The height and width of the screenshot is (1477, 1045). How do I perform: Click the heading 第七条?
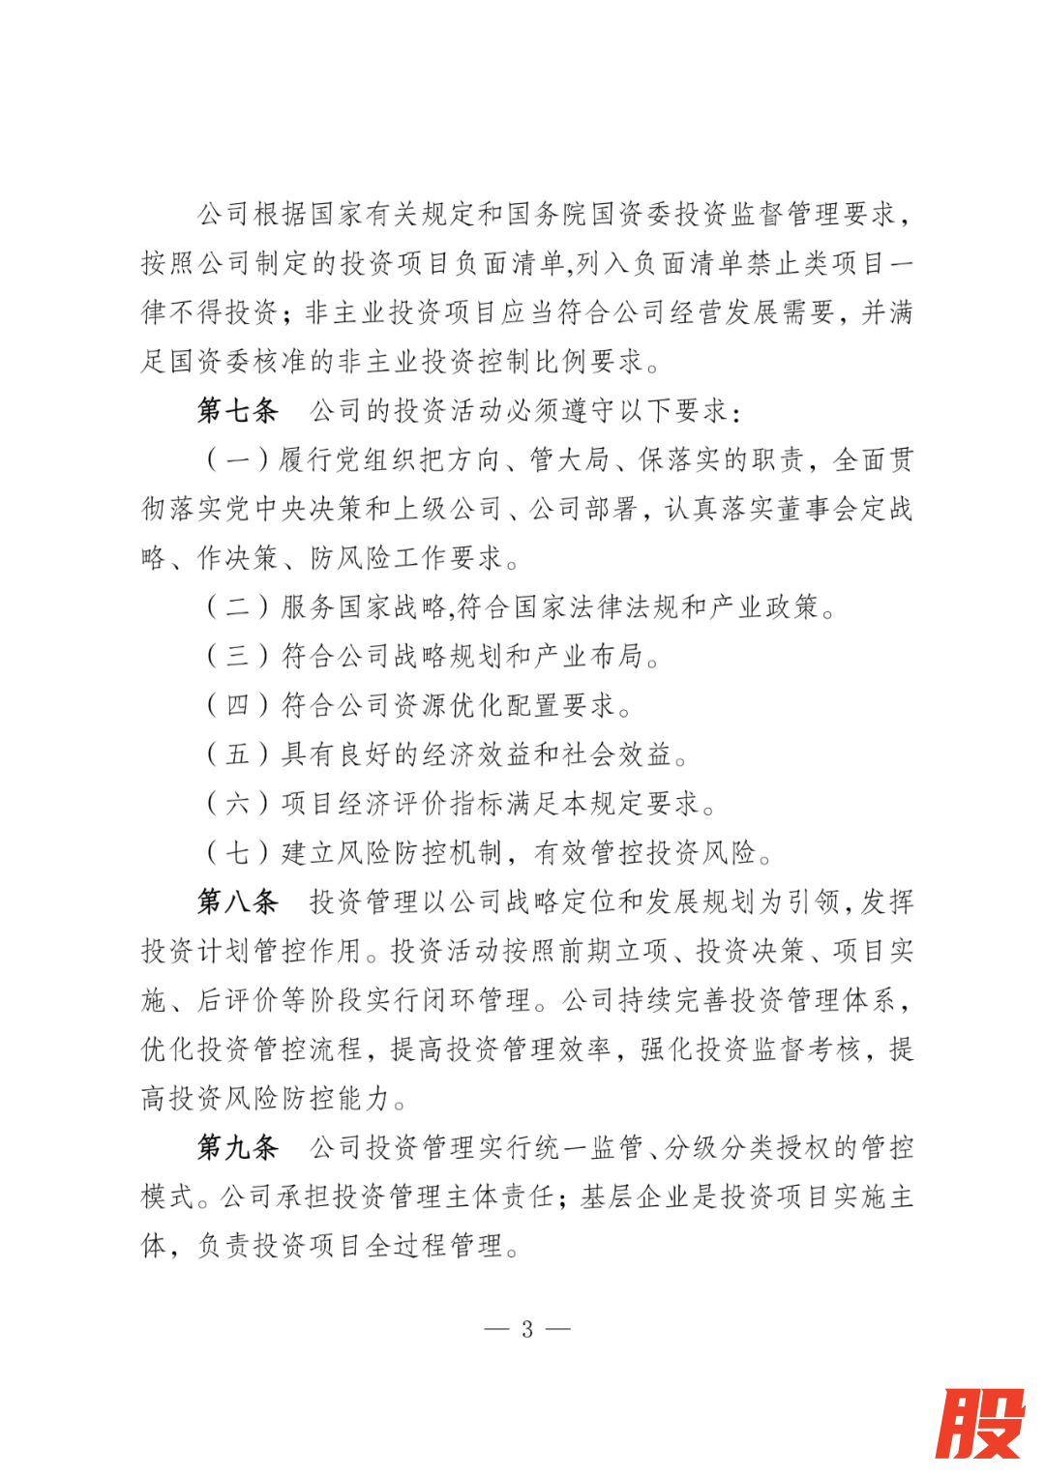coord(238,410)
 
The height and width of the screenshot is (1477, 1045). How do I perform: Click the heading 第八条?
coord(238,901)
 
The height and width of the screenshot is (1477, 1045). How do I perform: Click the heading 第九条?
coord(238,1147)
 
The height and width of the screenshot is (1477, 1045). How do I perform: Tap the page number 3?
coord(527,1329)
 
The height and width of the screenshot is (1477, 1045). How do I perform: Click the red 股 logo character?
coord(980,1423)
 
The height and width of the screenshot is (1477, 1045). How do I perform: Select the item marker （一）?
coord(238,459)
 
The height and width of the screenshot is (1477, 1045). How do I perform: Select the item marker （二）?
coord(238,606)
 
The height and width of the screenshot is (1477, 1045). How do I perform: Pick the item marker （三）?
coord(238,656)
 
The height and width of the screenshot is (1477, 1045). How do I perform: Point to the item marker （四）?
coord(238,705)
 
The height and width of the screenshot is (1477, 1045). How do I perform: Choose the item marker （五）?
coord(238,754)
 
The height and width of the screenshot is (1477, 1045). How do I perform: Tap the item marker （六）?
coord(238,803)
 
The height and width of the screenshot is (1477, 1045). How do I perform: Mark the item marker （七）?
coord(238,852)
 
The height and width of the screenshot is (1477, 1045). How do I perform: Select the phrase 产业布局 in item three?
coord(588,656)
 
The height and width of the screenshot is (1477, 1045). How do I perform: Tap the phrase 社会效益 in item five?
coord(616,754)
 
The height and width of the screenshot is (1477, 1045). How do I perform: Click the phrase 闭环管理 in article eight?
coord(478,1000)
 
